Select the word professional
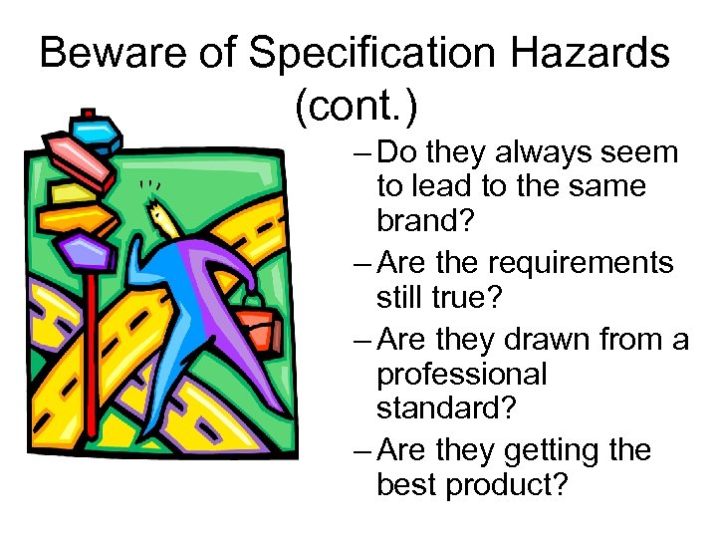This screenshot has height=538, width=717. pos(462,375)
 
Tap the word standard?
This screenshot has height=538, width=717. pos(444,408)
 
